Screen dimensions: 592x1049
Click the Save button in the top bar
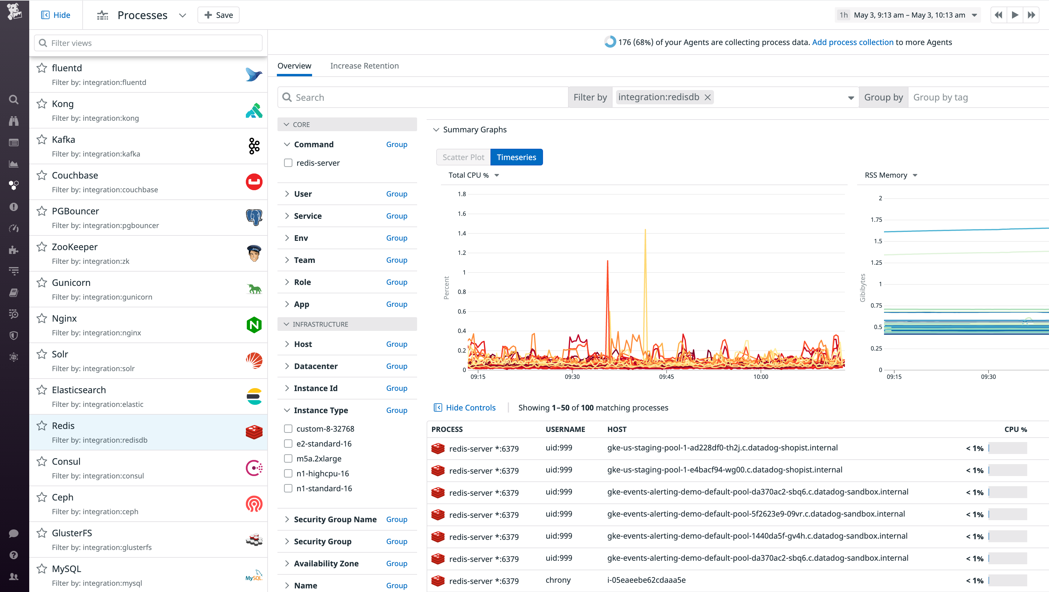click(218, 15)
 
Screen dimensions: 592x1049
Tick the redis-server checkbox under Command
click(288, 163)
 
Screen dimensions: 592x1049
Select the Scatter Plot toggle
click(463, 157)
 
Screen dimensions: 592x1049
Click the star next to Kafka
click(41, 140)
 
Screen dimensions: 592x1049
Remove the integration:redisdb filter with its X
click(708, 97)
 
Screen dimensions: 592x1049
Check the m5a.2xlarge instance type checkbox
click(288, 458)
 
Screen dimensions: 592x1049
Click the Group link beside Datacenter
click(396, 366)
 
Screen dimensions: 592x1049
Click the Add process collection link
click(852, 42)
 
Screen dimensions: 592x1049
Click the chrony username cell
click(558, 580)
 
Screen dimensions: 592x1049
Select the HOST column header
click(616, 429)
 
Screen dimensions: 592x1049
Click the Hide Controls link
click(470, 408)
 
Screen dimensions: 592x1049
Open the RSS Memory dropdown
click(891, 175)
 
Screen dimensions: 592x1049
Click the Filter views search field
click(148, 43)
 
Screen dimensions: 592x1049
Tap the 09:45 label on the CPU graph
click(666, 377)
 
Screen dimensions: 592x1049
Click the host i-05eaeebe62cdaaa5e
click(646, 580)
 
